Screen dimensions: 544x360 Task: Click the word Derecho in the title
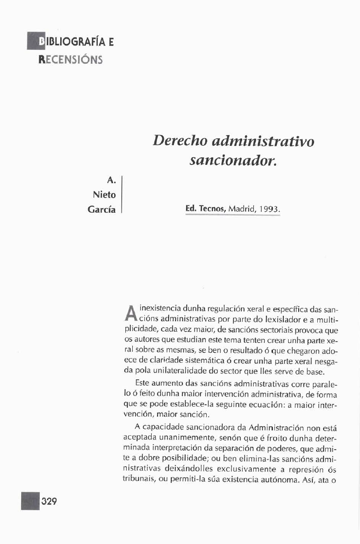coord(180,142)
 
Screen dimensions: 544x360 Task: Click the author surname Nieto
coord(104,194)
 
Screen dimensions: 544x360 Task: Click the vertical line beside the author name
coord(122,194)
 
